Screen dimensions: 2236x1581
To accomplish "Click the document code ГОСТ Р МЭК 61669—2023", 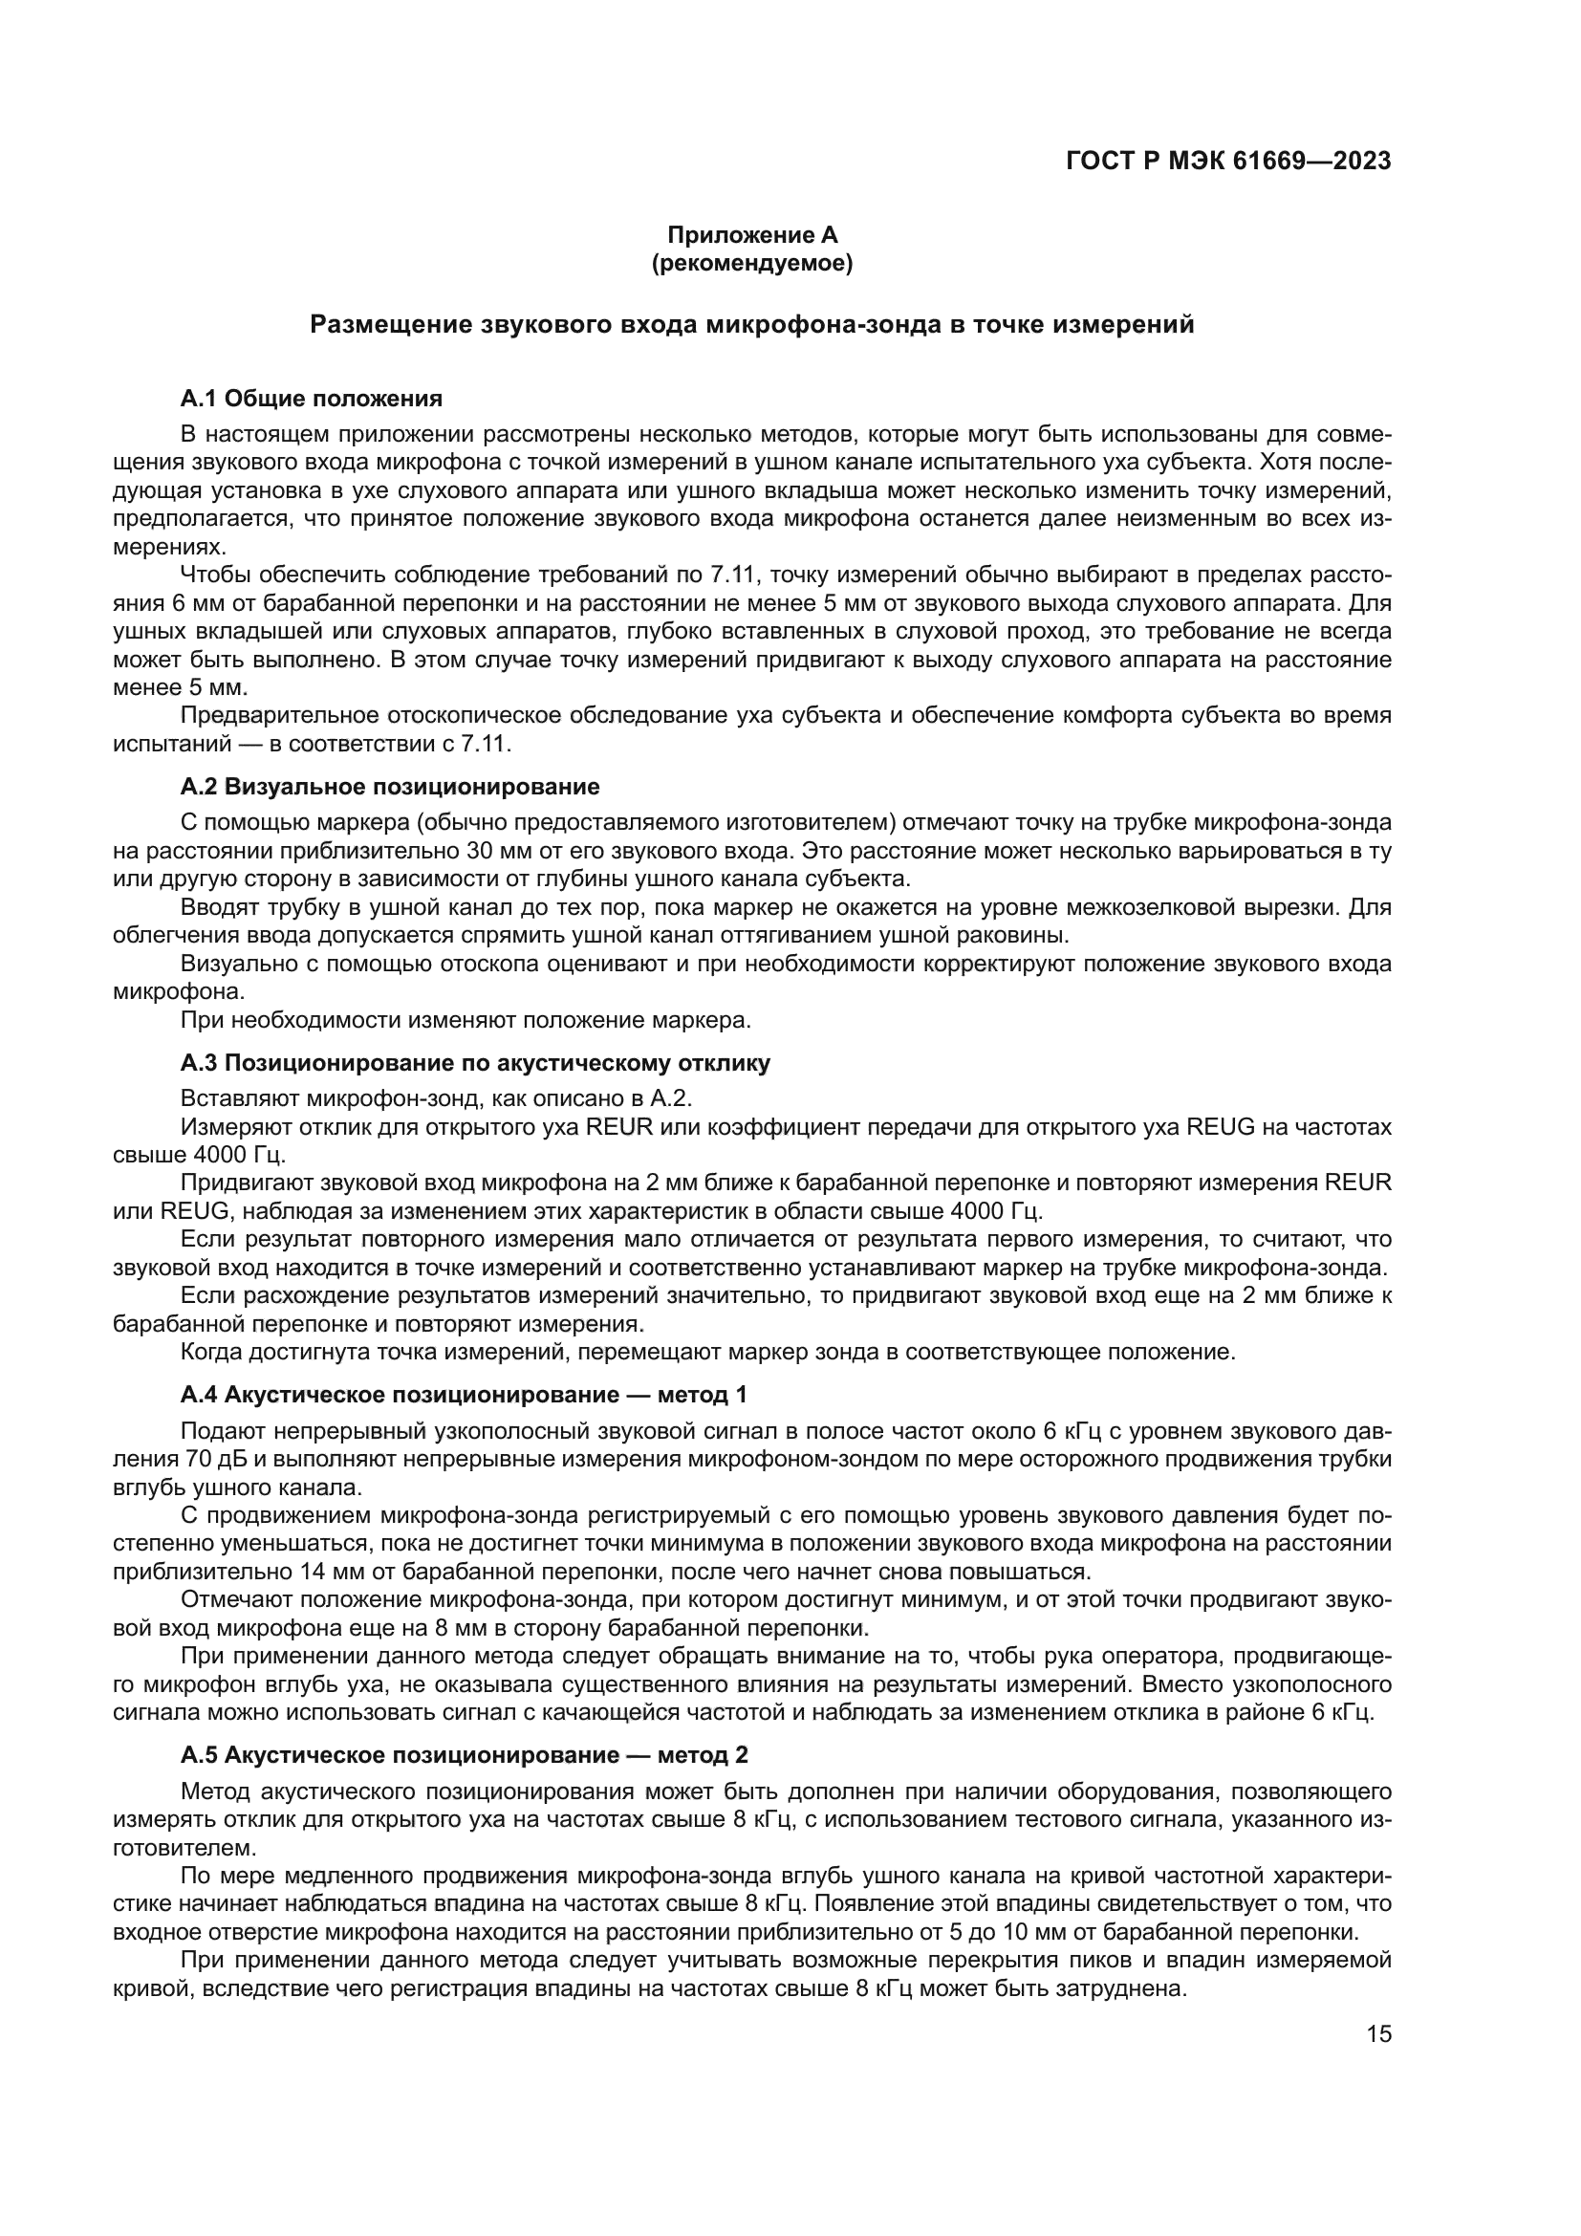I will pos(1228,162).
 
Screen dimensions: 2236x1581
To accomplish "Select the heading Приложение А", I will pos(751,236).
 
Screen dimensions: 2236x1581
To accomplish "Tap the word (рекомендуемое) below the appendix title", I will pos(751,264).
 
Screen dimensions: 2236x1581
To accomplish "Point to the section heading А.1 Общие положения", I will pos(312,399).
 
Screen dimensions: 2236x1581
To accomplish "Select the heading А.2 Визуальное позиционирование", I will pos(389,786).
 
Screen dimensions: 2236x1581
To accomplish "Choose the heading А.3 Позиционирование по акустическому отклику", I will pos(475,1062).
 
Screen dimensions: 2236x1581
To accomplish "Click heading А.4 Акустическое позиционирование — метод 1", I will pos(464,1395).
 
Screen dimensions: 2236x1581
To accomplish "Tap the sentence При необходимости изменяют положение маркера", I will pos(466,1021).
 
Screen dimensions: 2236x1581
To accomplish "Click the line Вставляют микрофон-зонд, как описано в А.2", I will pos(435,1098).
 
